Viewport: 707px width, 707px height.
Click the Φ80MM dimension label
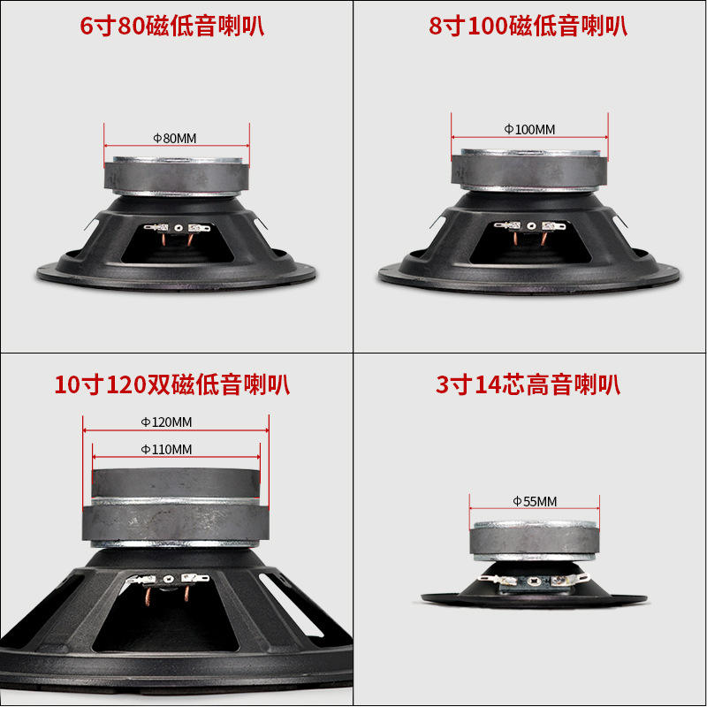pos(175,139)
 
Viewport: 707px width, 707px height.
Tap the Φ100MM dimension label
pos(529,130)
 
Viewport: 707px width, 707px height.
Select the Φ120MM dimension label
pos(166,422)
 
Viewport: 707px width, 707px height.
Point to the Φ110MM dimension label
pos(166,450)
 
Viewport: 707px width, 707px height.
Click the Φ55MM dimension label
pos(535,501)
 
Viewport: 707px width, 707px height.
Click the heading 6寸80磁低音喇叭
pos(171,26)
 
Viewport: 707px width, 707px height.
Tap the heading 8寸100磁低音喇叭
pos(528,26)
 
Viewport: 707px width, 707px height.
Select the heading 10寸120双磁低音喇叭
pos(171,385)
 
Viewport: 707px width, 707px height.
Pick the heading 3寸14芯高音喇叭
pos(528,385)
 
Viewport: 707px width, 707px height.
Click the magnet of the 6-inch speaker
pos(176,177)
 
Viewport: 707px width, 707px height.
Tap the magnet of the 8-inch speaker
pos(529,171)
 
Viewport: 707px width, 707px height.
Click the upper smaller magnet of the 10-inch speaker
pos(176,483)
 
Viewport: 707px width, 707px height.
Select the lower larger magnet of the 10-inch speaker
pos(176,522)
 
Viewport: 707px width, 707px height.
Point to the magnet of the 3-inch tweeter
pos(535,540)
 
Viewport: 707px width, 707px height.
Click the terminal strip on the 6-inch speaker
pos(178,228)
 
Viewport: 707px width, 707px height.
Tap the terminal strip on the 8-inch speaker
pos(529,225)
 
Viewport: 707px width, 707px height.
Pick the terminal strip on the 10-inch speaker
pos(168,579)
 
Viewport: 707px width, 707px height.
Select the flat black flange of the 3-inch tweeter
pos(535,601)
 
